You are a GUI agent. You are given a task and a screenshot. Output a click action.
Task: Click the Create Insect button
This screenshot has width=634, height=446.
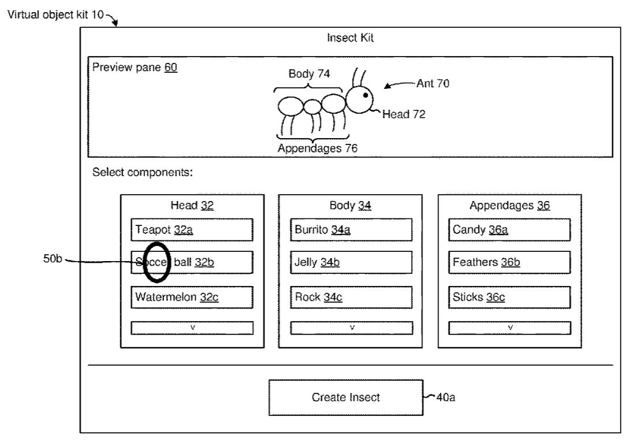coord(345,397)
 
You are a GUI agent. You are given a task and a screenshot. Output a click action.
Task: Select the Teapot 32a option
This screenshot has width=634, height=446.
coord(192,230)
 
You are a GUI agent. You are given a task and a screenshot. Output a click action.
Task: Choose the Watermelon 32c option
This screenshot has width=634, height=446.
coord(192,298)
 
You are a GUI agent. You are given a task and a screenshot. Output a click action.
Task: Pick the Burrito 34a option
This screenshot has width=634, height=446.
coord(351,230)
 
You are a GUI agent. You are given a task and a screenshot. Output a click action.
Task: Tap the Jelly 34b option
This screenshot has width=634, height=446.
coord(351,263)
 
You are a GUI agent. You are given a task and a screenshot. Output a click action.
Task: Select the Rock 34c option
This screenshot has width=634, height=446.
coord(351,298)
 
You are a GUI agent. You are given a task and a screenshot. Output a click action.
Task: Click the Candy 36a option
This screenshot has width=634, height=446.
coord(509,230)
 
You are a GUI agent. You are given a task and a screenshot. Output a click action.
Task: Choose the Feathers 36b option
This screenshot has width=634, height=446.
coord(509,263)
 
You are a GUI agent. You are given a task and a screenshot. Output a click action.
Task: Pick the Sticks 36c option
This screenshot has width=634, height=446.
coord(509,298)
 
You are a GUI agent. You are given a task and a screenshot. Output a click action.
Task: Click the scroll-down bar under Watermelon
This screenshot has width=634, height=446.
coord(192,328)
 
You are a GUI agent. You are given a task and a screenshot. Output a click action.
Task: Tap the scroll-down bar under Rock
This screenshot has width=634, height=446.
coord(351,328)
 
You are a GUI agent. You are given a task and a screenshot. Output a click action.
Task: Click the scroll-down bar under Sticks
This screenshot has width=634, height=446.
coord(509,328)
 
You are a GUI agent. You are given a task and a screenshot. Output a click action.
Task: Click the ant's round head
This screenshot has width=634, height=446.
coord(359,99)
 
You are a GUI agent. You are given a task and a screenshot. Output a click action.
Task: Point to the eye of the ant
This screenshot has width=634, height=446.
coord(366,95)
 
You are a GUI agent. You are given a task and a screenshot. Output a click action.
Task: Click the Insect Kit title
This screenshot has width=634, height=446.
coord(350,39)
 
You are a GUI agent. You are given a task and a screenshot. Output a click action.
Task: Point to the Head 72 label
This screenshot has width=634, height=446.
coord(404,114)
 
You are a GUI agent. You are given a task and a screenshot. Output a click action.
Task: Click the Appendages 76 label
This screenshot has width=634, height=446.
coord(317,148)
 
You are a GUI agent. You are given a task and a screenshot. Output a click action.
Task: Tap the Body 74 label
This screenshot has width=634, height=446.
coord(309,74)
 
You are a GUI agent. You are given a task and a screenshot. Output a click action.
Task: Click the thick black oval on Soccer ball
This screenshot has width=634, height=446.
coord(156,262)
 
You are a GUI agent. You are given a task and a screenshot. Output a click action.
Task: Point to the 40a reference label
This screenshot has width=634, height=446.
coord(445,397)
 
